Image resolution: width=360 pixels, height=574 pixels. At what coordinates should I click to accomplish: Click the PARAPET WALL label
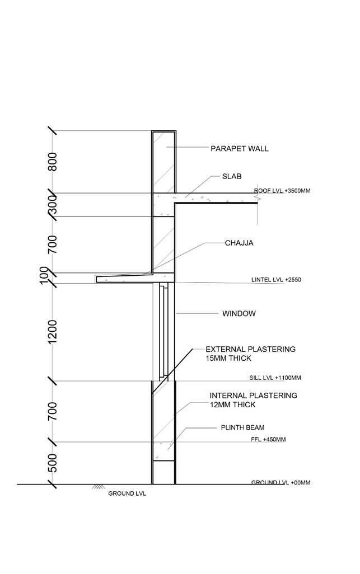239,149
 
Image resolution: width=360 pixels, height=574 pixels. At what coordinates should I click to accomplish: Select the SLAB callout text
232,177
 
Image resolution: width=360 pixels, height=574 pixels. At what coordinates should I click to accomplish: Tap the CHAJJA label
240,243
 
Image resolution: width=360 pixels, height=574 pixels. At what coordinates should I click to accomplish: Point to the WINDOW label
239,314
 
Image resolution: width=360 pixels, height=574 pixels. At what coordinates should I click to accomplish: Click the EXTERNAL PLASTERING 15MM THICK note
250,354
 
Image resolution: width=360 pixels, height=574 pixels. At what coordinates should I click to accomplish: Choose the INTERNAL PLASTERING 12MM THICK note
253,400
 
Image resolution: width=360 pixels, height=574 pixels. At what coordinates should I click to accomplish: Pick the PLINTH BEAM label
242,428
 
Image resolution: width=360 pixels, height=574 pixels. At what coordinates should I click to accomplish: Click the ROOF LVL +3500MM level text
282,191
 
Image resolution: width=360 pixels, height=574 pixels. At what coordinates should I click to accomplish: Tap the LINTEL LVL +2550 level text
277,280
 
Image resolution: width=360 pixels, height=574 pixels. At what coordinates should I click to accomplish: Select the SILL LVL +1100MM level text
275,378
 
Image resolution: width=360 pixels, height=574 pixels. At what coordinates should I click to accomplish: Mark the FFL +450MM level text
268,440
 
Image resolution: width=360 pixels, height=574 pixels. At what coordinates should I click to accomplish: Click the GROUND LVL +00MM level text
280,483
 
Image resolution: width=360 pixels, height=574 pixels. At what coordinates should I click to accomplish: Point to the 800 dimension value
53,162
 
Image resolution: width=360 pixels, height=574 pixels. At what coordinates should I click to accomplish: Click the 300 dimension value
53,205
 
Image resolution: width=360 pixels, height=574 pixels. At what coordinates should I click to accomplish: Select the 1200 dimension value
53,331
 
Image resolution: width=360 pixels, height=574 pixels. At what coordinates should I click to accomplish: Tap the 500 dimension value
53,463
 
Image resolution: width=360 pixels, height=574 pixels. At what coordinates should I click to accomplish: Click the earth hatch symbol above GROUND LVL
100,487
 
